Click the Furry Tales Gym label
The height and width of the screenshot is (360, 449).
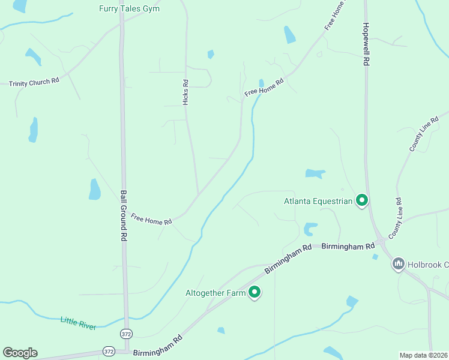(x=133, y=8)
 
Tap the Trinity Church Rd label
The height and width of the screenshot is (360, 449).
(x=34, y=81)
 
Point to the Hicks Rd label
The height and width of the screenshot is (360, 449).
(x=185, y=92)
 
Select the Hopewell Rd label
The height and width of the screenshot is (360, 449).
(x=364, y=44)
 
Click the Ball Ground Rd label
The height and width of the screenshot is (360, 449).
(x=124, y=215)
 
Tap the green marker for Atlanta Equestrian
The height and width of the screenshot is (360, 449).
(x=361, y=200)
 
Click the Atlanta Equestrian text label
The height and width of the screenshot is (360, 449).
(x=318, y=201)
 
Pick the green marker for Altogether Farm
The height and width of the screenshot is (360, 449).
(x=255, y=292)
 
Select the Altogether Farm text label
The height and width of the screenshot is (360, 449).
(x=215, y=293)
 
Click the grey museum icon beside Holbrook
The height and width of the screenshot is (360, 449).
(x=399, y=263)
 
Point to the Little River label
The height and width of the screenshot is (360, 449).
(x=78, y=323)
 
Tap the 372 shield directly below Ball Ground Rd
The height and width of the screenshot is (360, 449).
(x=126, y=333)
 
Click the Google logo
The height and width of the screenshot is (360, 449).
(x=20, y=353)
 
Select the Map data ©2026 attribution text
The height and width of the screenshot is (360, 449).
(x=423, y=355)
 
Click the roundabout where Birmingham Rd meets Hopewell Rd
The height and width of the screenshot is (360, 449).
(x=381, y=243)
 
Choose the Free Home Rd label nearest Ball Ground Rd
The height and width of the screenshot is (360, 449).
(x=151, y=220)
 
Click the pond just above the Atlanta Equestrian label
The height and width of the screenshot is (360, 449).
(x=315, y=174)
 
